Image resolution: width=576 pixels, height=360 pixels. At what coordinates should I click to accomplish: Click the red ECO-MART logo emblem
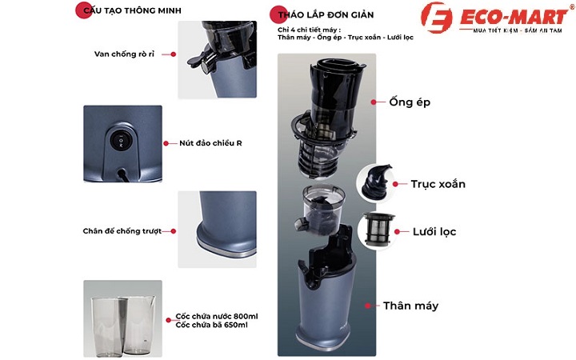(x=437, y=18)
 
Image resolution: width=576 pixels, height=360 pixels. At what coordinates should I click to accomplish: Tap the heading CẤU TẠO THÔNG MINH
(x=132, y=10)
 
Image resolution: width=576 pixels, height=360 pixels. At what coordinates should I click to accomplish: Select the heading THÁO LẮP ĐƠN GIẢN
(x=326, y=15)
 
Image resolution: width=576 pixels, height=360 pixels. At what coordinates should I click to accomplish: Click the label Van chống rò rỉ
(x=124, y=54)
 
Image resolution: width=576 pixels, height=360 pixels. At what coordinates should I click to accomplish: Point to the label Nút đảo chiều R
(x=210, y=143)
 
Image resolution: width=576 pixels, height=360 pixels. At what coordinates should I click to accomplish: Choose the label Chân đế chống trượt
(x=122, y=231)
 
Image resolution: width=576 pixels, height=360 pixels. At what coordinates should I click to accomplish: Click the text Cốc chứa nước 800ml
(x=217, y=316)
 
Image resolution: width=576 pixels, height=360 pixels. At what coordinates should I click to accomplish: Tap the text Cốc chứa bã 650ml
(x=211, y=325)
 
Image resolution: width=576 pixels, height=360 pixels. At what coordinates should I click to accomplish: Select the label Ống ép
(x=410, y=102)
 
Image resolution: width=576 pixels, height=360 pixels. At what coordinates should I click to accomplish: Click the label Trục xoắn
(x=438, y=184)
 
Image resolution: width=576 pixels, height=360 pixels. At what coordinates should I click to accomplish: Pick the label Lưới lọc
(x=434, y=232)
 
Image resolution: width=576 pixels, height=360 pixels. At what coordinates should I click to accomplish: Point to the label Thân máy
(x=410, y=306)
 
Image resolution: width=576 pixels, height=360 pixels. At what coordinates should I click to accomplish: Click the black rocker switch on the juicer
(x=119, y=141)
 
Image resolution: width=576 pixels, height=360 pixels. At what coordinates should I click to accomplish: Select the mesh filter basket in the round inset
(x=378, y=229)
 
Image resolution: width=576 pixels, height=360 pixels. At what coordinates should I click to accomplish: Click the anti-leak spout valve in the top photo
(x=199, y=62)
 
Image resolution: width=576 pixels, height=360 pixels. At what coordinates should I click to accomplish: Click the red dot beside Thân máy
(x=368, y=306)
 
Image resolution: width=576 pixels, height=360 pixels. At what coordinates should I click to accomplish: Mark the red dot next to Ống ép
(x=374, y=102)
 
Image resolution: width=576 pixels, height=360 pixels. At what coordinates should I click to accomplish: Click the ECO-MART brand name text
(x=514, y=17)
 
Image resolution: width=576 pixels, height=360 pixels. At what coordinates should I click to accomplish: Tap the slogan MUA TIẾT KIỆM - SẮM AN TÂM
(x=518, y=30)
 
